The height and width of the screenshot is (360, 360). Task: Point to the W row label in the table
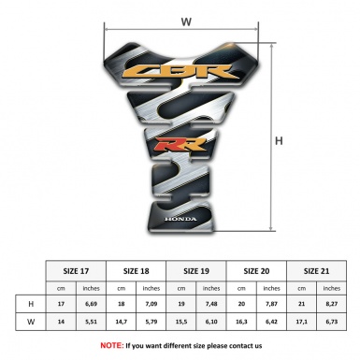tap(32, 323)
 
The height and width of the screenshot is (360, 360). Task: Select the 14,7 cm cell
tap(122, 323)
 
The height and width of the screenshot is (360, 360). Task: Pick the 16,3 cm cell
tap(241, 323)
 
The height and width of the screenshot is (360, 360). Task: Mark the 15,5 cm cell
tap(181, 323)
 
